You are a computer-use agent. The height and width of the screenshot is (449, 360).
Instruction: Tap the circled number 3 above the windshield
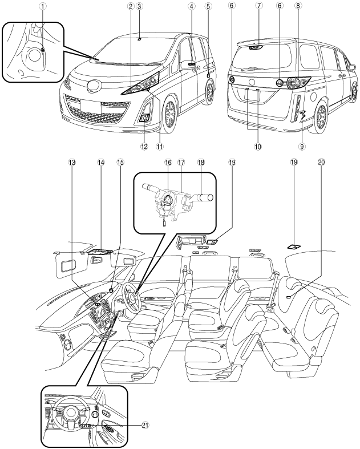click(140, 6)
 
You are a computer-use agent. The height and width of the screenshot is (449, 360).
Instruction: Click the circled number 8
click(299, 6)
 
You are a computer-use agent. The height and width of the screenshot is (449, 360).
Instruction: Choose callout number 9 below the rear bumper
click(303, 146)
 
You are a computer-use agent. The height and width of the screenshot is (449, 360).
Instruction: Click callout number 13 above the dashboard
click(72, 163)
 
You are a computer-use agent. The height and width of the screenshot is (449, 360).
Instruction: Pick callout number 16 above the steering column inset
click(168, 163)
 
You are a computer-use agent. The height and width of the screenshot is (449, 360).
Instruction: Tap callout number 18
click(200, 163)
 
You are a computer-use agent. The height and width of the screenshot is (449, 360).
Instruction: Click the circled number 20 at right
click(321, 163)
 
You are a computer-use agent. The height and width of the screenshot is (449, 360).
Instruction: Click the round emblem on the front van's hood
click(92, 86)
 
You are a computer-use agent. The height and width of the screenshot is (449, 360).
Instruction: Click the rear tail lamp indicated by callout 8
click(295, 83)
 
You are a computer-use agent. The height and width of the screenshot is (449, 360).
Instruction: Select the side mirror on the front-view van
click(191, 64)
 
